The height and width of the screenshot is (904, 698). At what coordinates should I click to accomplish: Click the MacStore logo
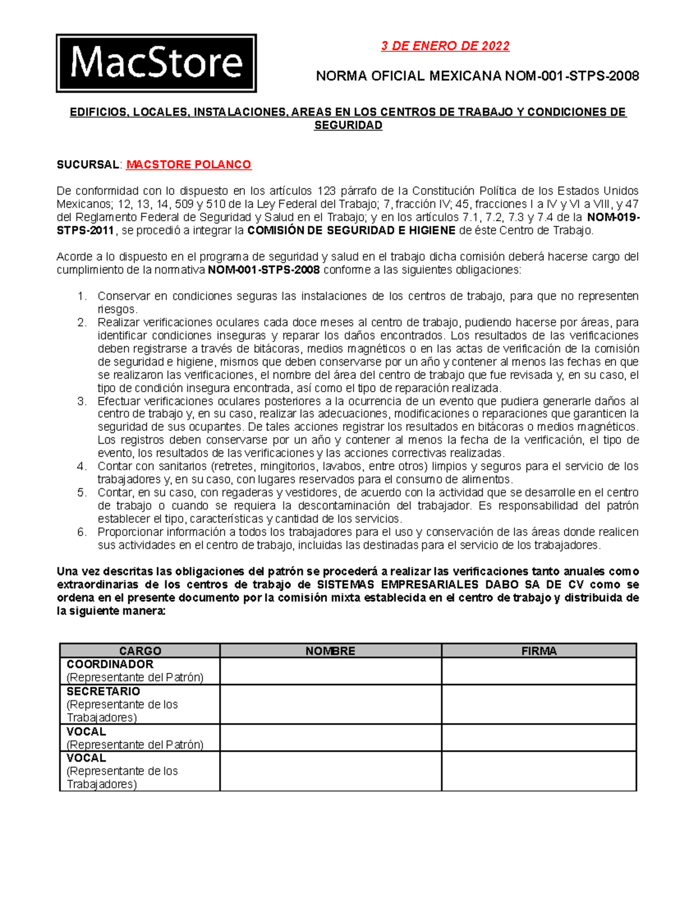click(156, 63)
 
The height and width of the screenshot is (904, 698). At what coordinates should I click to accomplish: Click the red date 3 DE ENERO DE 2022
click(445, 46)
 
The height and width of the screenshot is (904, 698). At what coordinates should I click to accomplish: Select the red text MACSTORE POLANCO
click(188, 165)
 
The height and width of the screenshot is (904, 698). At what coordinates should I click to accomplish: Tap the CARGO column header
click(140, 651)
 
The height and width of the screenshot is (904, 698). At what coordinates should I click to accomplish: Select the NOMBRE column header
click(330, 651)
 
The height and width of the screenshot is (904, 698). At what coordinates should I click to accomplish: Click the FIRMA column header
click(539, 651)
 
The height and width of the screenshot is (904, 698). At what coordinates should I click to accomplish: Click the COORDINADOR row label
click(110, 664)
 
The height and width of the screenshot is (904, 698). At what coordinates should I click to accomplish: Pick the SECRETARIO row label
click(103, 691)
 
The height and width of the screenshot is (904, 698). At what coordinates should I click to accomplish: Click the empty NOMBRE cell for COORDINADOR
click(330, 671)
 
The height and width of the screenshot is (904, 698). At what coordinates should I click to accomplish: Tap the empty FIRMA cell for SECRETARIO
click(539, 704)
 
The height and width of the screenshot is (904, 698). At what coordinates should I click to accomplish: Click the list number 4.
click(81, 466)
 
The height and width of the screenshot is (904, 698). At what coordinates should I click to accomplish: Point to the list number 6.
click(81, 532)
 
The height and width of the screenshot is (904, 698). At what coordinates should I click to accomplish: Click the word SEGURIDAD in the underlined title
click(348, 125)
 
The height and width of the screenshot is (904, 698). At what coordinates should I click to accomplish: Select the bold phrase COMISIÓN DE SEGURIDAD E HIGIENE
click(351, 231)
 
